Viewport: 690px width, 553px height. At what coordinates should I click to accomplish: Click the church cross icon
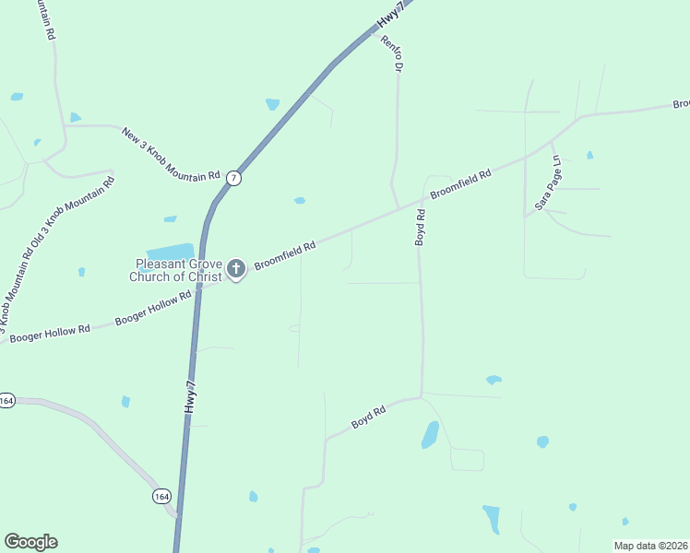coord(236,269)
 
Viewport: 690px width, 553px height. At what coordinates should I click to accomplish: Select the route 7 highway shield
coord(234,178)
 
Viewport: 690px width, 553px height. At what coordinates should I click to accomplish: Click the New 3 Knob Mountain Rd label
coord(171,153)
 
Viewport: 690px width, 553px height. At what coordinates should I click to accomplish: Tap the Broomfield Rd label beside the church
coord(285,255)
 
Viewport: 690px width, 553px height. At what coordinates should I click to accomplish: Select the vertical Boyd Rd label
coord(421,228)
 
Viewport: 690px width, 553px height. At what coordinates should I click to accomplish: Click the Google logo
coord(30,542)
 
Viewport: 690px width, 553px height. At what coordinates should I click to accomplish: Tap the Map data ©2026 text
coord(650,546)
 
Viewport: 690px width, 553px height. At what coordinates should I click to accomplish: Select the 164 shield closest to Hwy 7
coord(161,496)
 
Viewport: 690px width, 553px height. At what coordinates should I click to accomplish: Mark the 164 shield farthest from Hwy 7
coord(6,400)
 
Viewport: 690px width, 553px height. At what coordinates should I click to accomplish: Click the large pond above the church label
coord(170,252)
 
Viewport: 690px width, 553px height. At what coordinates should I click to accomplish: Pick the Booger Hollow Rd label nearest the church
coord(153,308)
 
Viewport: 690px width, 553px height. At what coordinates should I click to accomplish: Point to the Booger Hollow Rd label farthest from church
coord(50,333)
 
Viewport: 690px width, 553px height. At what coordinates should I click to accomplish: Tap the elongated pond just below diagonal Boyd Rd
coord(430,434)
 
